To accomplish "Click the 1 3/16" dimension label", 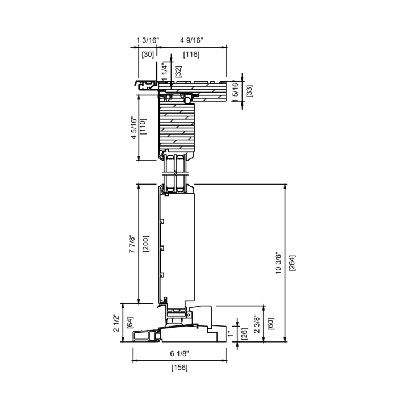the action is click(148, 40).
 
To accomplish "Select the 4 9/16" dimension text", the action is click(192, 40).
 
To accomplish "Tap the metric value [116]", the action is click(191, 55).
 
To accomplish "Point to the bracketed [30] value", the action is click(148, 55).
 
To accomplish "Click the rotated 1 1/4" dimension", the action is click(165, 71).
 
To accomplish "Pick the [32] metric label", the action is click(178, 72).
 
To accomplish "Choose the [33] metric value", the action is click(249, 91).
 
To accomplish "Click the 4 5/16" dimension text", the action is click(133, 128).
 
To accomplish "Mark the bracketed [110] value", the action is click(143, 127).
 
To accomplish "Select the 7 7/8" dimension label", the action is click(132, 244).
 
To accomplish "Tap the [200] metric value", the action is click(146, 244).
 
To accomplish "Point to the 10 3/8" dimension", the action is click(278, 263).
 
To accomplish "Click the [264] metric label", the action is click(293, 263).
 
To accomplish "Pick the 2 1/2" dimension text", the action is click(116, 323).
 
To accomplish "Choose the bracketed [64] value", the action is click(130, 323).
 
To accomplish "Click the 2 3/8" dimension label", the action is click(257, 324).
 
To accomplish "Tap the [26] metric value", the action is click(244, 333).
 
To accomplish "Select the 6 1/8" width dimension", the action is click(180, 354).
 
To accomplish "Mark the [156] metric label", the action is click(180, 368).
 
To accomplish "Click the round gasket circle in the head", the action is click(187, 100).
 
